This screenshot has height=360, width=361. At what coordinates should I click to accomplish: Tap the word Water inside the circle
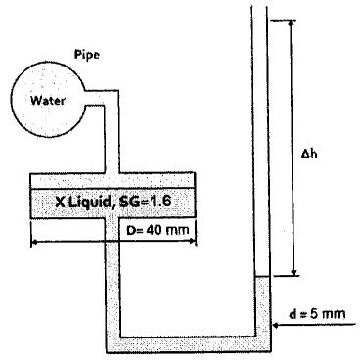click(46, 100)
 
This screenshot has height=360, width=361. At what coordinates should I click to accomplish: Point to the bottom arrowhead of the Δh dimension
click(291, 273)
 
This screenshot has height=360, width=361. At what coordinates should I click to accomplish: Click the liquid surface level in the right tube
click(261, 278)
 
